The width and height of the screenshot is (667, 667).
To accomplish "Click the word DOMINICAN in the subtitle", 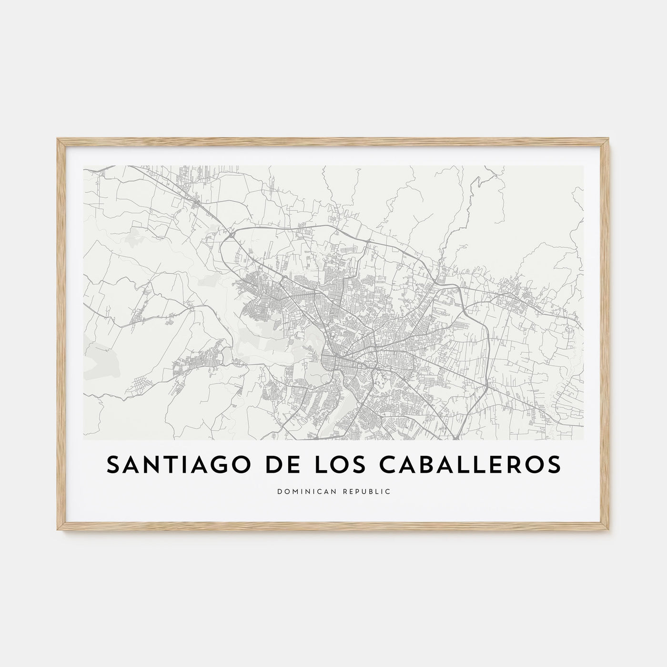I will point(303,491).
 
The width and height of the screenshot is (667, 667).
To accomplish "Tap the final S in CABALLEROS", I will point(554,465).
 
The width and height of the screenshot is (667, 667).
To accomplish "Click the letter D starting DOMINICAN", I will point(279,491).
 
